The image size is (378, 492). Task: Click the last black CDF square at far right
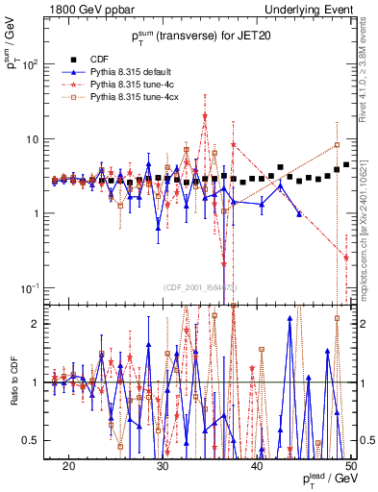point(346,164)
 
